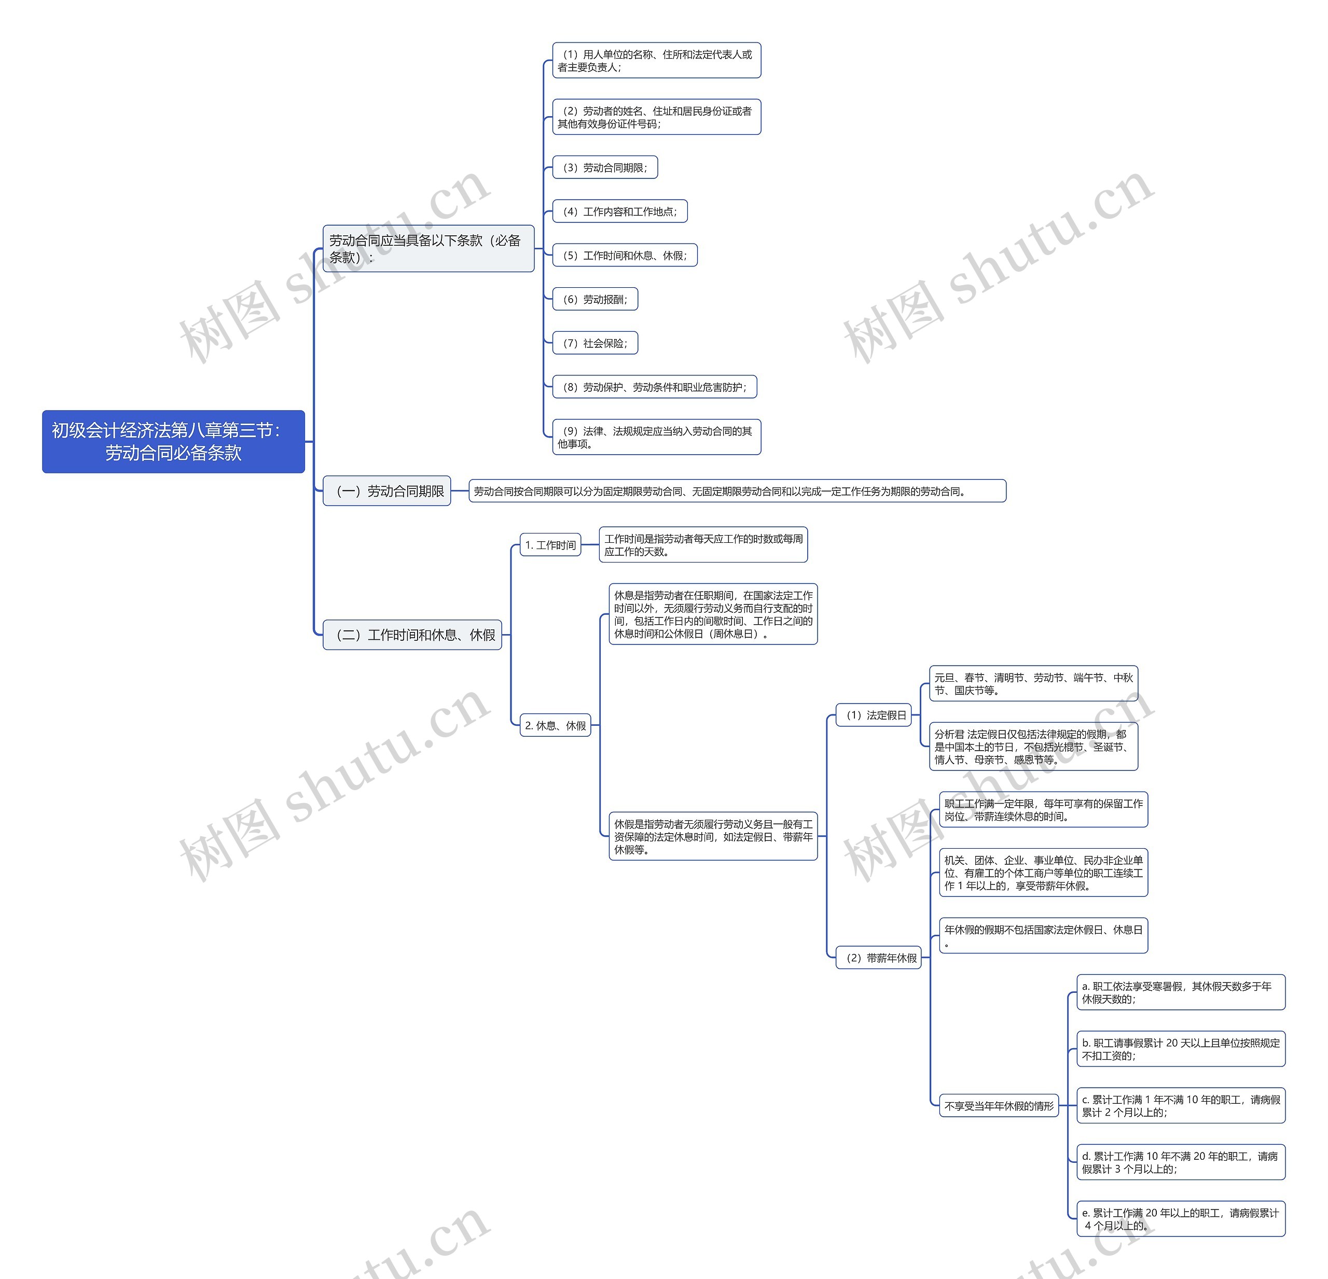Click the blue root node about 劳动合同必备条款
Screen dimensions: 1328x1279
pos(173,442)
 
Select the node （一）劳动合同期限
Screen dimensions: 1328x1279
pos(387,491)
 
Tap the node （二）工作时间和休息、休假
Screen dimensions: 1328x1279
pos(412,635)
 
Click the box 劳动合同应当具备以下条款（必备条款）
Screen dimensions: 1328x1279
pos(428,248)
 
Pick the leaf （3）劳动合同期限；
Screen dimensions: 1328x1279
pos(605,167)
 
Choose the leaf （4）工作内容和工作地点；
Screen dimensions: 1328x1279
pos(619,211)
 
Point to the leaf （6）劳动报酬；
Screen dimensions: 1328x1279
pos(595,299)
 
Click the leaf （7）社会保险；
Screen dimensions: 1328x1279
pos(595,343)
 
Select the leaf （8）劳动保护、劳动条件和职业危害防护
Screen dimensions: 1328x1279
pos(655,387)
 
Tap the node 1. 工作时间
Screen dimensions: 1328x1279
pos(550,545)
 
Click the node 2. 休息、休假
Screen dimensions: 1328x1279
pos(556,726)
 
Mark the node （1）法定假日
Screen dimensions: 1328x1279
pos(875,715)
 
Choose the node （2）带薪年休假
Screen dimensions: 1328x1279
pos(879,958)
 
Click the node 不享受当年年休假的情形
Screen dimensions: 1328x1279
pos(999,1106)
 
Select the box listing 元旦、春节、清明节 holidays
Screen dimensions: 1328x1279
pos(1033,684)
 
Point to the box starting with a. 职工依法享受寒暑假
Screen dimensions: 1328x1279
pos(1180,993)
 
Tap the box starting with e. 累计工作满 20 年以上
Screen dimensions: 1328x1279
pos(1180,1219)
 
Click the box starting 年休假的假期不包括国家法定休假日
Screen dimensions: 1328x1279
pos(1043,936)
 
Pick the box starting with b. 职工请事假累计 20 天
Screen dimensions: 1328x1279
pos(1180,1049)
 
